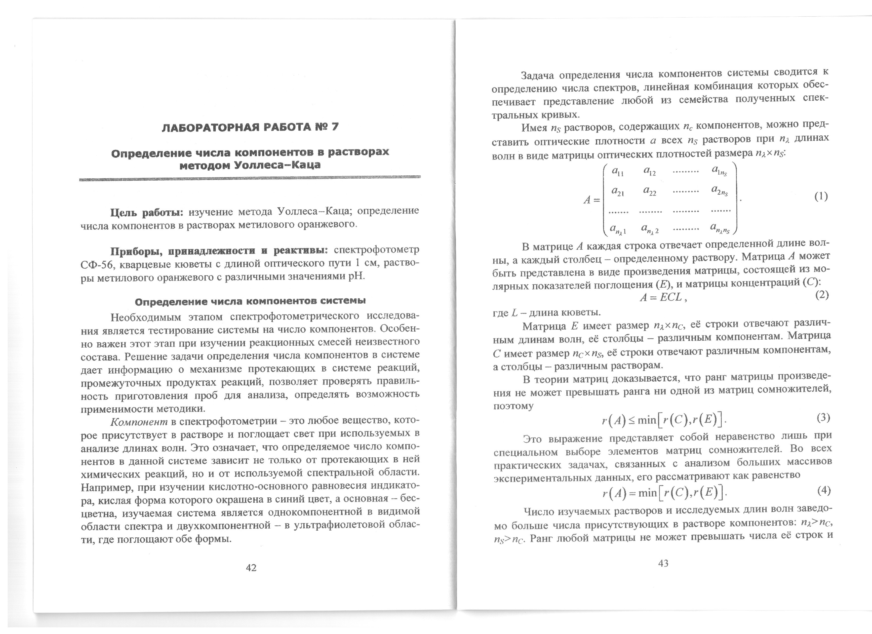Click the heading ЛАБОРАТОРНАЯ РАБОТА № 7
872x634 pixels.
250,127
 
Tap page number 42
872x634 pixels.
251,567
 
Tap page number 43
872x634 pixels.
663,563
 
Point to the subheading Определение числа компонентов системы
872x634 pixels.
250,301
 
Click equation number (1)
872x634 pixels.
821,197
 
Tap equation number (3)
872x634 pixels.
823,418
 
